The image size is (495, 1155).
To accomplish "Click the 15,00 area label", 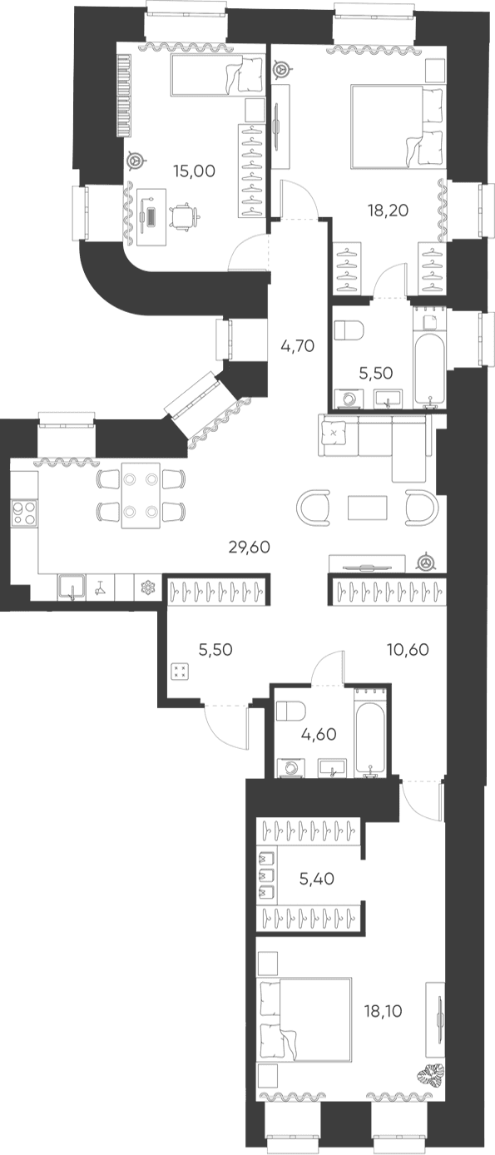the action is point(195,171).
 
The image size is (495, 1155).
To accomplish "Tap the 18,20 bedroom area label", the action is point(388,210).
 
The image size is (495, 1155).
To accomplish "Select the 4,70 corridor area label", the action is point(298,345).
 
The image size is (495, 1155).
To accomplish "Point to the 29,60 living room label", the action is point(250,547).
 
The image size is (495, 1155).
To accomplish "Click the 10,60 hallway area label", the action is point(408,649).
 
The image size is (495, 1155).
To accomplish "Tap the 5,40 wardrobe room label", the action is point(317,878).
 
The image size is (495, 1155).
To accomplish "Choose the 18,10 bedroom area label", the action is point(384,1011).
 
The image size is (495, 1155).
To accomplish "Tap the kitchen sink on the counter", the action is point(72,587).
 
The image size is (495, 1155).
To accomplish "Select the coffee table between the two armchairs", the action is point(367,508).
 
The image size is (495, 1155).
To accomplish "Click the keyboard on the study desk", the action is point(151,216).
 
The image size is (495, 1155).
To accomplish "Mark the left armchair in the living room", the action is point(314,508).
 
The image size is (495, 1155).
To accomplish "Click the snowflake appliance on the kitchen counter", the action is point(148,587).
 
